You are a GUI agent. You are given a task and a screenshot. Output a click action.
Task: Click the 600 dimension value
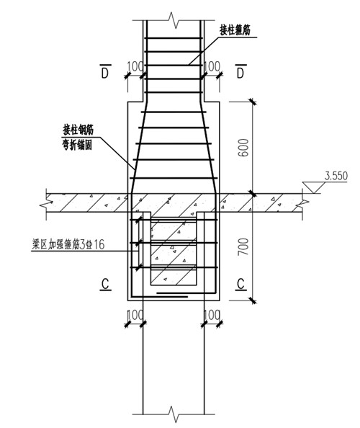[x=243, y=148]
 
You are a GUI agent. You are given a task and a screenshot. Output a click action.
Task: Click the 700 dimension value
[x=243, y=246]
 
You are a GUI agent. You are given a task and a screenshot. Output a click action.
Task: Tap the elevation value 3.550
[x=336, y=176]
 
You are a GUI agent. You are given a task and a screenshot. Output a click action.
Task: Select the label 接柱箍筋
[x=235, y=30]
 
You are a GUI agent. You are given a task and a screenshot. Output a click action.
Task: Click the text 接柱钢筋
[x=78, y=130]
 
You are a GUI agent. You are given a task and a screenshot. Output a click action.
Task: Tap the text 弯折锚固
[x=78, y=145]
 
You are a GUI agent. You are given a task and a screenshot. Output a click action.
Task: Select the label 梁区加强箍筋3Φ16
[x=68, y=244]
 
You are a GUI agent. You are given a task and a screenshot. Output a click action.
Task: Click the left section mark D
[x=105, y=71]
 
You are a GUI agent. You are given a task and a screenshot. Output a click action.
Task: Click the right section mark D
[x=240, y=71]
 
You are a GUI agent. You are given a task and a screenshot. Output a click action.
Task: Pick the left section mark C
[x=106, y=284]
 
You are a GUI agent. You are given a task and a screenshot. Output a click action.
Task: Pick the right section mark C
[x=240, y=284]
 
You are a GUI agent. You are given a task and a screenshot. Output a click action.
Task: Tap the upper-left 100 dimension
[x=135, y=66]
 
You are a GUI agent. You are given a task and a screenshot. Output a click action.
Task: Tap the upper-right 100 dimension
[x=212, y=66]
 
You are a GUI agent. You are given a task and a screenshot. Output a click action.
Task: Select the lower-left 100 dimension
[x=135, y=315]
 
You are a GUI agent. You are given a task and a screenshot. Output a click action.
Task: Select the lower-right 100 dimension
[x=212, y=315]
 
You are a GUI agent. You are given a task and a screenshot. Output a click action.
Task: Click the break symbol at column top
[x=174, y=20]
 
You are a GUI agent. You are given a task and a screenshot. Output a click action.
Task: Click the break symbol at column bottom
[x=174, y=414]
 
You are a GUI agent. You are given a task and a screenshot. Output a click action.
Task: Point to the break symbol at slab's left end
[x=47, y=202]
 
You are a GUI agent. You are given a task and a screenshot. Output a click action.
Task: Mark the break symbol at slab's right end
[x=302, y=204]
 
